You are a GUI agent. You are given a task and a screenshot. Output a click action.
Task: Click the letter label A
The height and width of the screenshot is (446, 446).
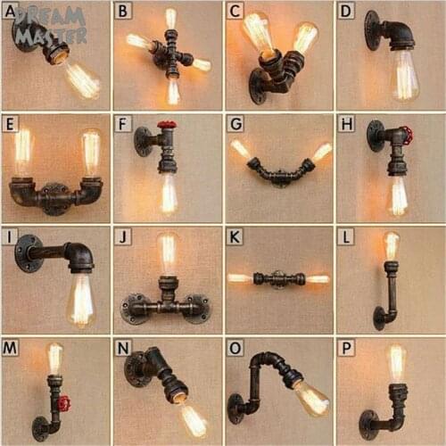tap(11, 11)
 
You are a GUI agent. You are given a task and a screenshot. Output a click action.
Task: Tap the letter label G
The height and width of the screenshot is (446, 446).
tap(235, 124)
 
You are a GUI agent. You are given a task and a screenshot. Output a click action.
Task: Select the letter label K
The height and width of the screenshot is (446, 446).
tap(235, 236)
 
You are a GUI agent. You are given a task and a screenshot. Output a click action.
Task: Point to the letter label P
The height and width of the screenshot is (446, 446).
tap(347, 348)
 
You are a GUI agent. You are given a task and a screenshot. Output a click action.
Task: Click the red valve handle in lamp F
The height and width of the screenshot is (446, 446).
tap(167, 126)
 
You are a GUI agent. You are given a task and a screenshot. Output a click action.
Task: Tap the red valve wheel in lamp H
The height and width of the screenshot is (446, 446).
tap(407, 136)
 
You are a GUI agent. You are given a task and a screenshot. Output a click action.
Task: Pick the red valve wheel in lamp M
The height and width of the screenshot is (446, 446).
tap(63, 403)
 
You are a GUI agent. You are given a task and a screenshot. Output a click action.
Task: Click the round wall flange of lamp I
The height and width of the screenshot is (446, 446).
tap(28, 252)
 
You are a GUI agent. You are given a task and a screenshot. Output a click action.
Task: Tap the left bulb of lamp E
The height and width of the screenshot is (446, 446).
tap(22, 152)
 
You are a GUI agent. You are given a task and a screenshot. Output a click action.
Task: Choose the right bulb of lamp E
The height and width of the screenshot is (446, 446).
tap(90, 152)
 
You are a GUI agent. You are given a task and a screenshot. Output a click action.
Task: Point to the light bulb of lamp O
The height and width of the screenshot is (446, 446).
tap(311, 398)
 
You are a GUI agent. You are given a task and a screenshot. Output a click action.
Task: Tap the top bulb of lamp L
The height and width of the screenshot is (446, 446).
tap(391, 246)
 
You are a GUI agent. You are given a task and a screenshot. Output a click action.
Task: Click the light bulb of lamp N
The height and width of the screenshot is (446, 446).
tap(191, 417)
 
